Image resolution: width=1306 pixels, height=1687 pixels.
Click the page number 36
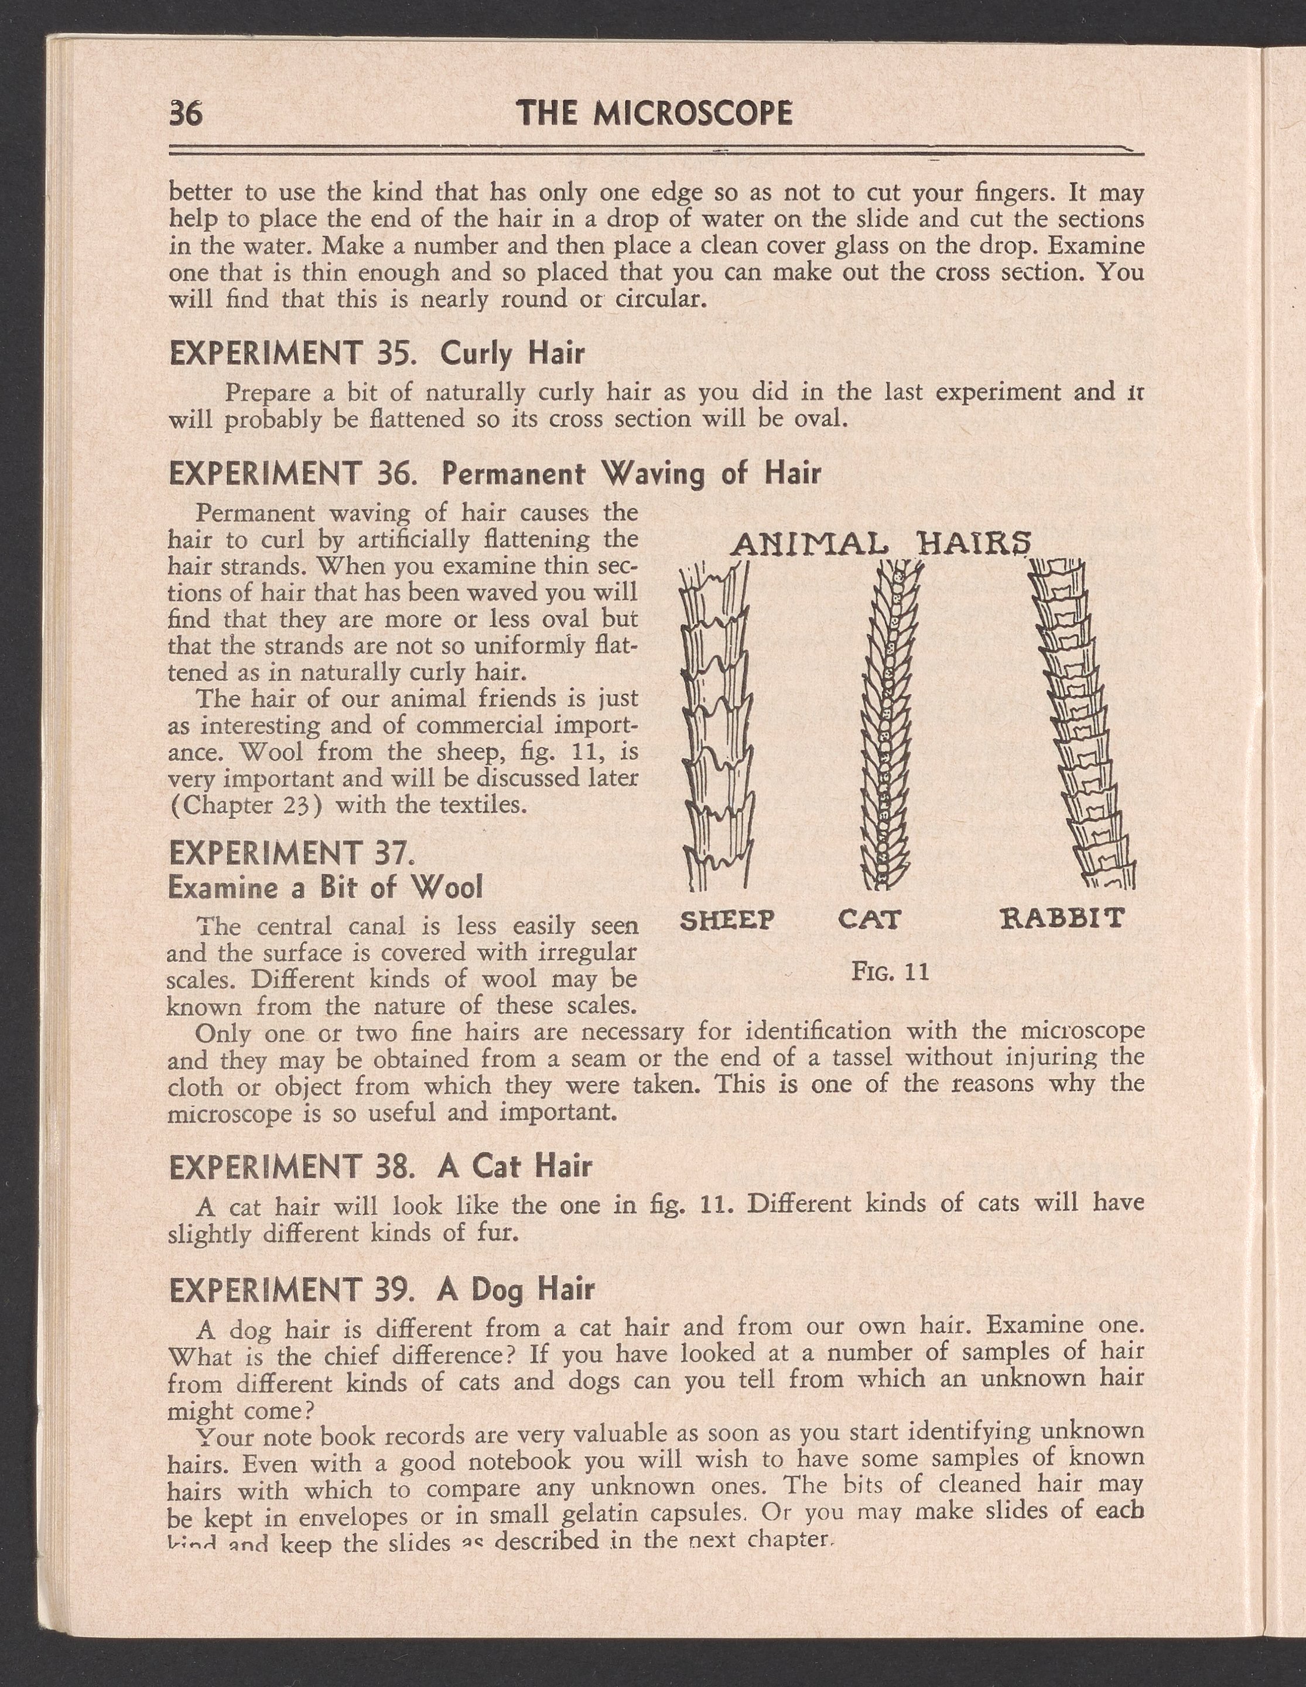coord(185,114)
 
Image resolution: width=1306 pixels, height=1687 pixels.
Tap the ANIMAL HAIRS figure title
coord(881,545)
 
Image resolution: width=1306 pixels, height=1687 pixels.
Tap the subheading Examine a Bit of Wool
coord(325,887)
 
